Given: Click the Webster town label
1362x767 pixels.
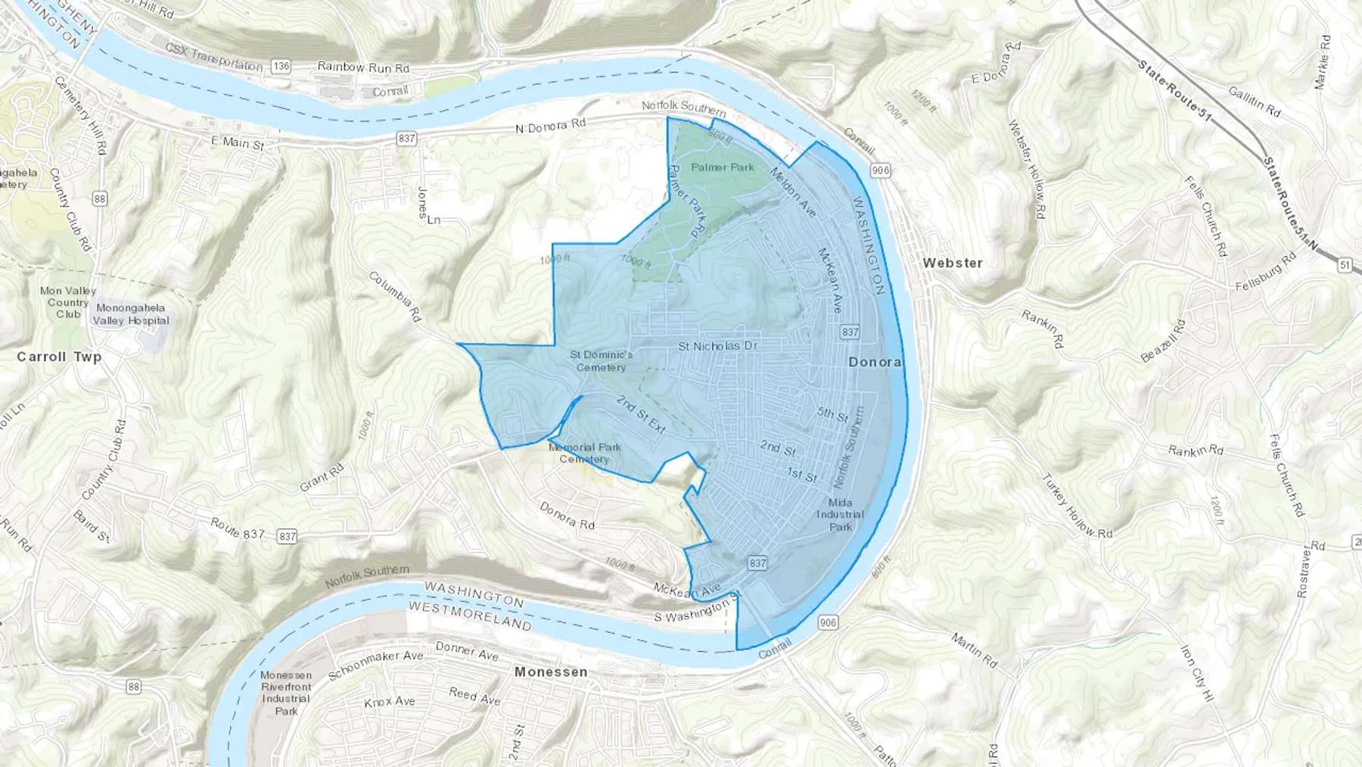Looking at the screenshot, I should click(x=953, y=263).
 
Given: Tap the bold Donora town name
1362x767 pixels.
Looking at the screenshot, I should click(x=874, y=362).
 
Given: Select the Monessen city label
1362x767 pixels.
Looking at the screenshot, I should click(x=550, y=672).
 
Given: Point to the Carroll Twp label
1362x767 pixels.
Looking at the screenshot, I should click(x=59, y=357).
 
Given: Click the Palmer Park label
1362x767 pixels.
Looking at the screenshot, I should click(x=723, y=167).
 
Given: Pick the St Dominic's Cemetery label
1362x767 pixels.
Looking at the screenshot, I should click(x=602, y=360).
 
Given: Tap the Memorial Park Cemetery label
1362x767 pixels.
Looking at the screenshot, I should click(x=585, y=453).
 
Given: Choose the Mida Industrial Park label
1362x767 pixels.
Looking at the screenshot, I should click(x=840, y=514).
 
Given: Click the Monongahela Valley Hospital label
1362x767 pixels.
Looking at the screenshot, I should click(x=131, y=314).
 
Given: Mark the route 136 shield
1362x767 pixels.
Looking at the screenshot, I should click(x=281, y=66).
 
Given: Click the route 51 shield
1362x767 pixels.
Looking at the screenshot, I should click(x=1345, y=265).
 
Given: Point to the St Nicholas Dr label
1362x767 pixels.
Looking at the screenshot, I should click(x=717, y=346).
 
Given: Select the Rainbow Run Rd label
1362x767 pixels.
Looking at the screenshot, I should click(x=363, y=67).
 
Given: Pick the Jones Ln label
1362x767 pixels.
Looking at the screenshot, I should click(x=428, y=206).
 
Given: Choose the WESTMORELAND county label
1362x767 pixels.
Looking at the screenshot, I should click(x=470, y=616).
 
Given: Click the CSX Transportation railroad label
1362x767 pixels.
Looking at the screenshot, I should click(x=214, y=58).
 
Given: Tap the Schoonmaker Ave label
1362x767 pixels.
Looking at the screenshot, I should click(x=375, y=665).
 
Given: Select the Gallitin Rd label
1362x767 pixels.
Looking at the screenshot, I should click(x=1254, y=101).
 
